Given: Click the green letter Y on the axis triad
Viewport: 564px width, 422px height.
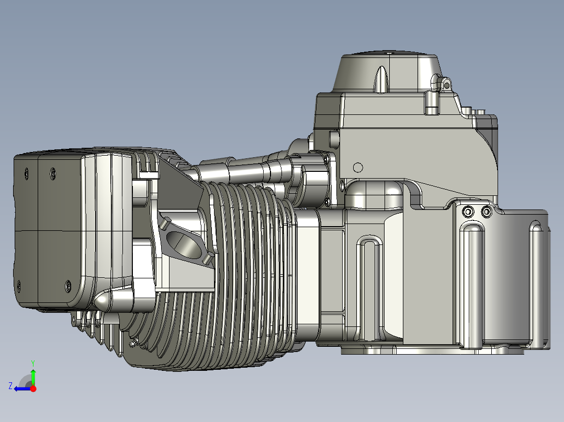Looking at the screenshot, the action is [33, 363].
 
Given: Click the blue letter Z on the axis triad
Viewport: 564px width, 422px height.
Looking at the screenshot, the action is [10, 386].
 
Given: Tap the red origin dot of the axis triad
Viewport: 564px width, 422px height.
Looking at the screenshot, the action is [33, 389].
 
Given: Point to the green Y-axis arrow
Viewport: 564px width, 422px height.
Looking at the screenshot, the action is [33, 377].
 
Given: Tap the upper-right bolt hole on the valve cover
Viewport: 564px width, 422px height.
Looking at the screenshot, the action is [53, 173].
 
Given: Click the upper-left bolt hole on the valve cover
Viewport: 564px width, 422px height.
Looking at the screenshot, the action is [26, 174].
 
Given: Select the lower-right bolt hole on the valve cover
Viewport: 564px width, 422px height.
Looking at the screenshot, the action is [68, 286].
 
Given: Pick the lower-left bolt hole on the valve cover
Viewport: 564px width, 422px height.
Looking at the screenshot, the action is [19, 286].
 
